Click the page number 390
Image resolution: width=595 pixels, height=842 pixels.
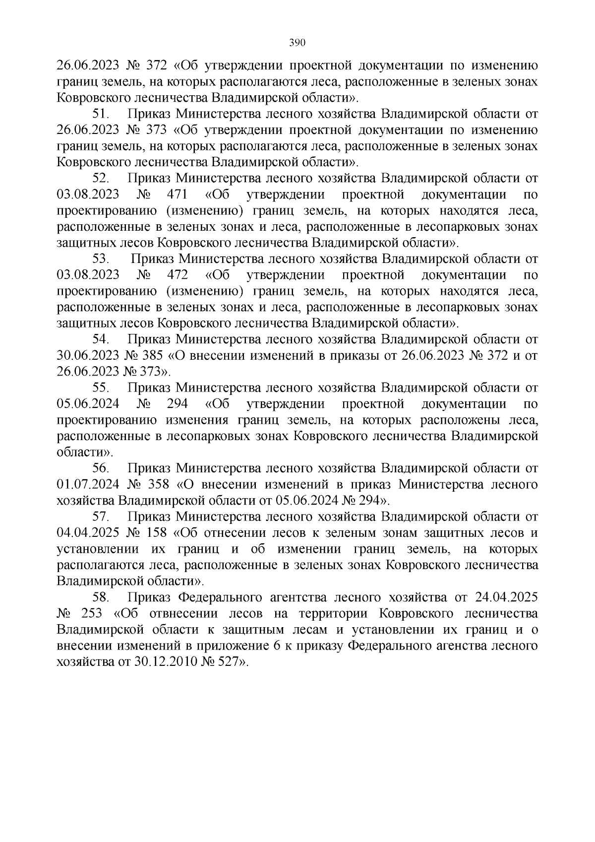pyautogui.click(x=297, y=43)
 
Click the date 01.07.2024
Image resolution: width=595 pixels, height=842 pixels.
pyautogui.click(x=88, y=485)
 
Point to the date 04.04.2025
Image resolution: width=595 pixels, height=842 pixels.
pyautogui.click(x=88, y=533)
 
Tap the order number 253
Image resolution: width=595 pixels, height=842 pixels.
pyautogui.click(x=90, y=614)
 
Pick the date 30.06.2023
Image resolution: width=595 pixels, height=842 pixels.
pyautogui.click(x=88, y=356)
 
